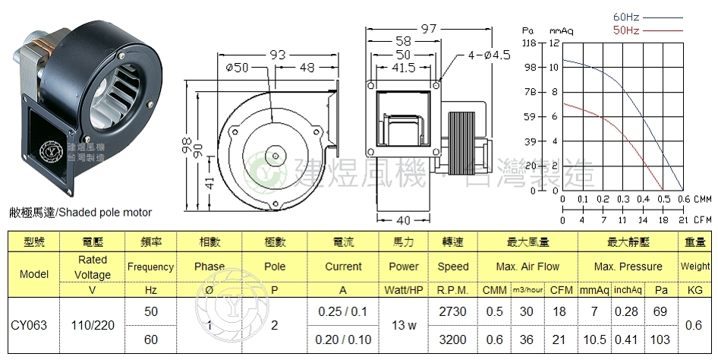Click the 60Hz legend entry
coord(625,16)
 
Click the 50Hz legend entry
coord(625,30)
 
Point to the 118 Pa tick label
coord(530,43)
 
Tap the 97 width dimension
coord(430,29)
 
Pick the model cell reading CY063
coord(29,325)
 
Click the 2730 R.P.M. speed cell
coord(453,312)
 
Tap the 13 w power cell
coord(404,325)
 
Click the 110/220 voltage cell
coord(93,325)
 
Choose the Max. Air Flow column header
coord(527,267)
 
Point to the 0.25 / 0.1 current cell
coord(343,312)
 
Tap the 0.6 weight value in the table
coord(694,325)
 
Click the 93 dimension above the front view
coord(276,55)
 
